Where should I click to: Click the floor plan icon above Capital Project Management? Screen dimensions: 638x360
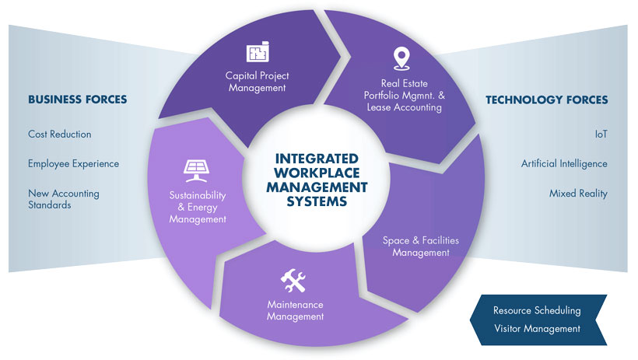pos(258,51)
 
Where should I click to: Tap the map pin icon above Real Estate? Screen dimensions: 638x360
pos(401,58)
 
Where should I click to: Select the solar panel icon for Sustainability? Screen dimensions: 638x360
pos(197,170)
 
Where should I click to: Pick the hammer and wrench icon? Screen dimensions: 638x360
pos(293,280)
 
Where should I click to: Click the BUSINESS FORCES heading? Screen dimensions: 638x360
pos(77,100)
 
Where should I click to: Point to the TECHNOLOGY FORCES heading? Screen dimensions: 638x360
pos(546,100)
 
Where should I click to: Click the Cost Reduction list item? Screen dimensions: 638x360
pos(59,135)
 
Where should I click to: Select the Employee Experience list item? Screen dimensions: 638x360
pos(74,164)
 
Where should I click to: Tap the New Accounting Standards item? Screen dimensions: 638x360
pos(64,199)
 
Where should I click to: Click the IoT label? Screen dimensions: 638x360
pos(601,135)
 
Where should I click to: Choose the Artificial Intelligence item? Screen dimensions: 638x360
pos(564,164)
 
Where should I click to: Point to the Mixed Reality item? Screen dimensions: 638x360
pos(578,194)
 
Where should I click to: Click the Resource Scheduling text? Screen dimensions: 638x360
pos(537,311)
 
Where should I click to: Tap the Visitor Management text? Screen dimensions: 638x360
pos(537,329)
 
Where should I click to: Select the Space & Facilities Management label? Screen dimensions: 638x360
pos(421,246)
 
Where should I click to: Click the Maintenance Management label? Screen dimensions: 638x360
pos(296,311)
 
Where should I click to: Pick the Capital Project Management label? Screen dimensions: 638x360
pos(258,82)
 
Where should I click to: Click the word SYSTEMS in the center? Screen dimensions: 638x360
pos(317,201)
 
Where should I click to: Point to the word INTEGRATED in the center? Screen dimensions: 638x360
pos(317,159)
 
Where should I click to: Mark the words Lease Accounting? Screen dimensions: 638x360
pos(404,107)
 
